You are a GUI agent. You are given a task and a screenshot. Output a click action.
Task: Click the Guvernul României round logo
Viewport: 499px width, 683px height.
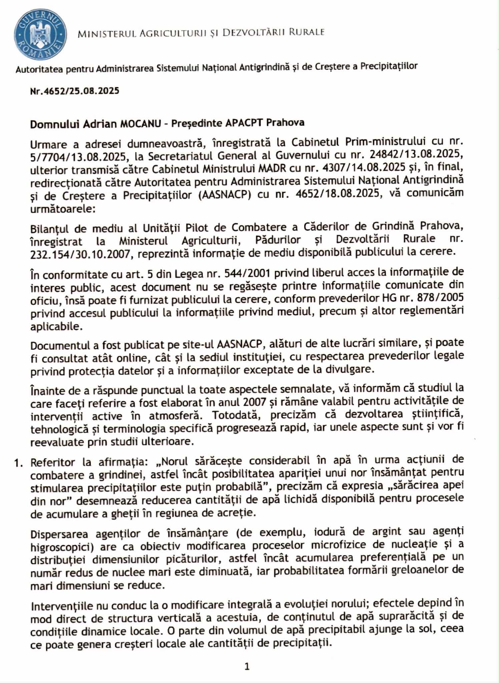point(40,35)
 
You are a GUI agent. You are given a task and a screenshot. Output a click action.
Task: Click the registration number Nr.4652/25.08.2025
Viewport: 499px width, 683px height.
point(74,91)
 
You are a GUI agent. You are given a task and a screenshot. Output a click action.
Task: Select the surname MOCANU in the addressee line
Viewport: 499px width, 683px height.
point(144,123)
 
